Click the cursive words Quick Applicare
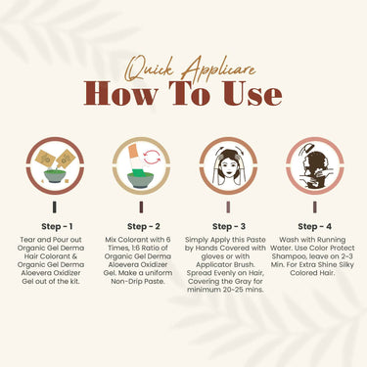pyautogui.click(x=191, y=69)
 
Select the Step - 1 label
pyautogui.click(x=57, y=226)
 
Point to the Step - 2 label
pyautogui.click(x=144, y=226)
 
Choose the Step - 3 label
pyautogui.click(x=229, y=226)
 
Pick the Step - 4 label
pyautogui.click(x=314, y=226)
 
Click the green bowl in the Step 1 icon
pyautogui.click(x=55, y=175)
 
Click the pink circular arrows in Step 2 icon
pyautogui.click(x=152, y=157)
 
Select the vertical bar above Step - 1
pyautogui.click(x=55, y=207)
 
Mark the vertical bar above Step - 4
pyautogui.click(x=314, y=207)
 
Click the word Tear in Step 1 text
pyautogui.click(x=27, y=240)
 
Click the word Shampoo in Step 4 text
pyautogui.click(x=287, y=256)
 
